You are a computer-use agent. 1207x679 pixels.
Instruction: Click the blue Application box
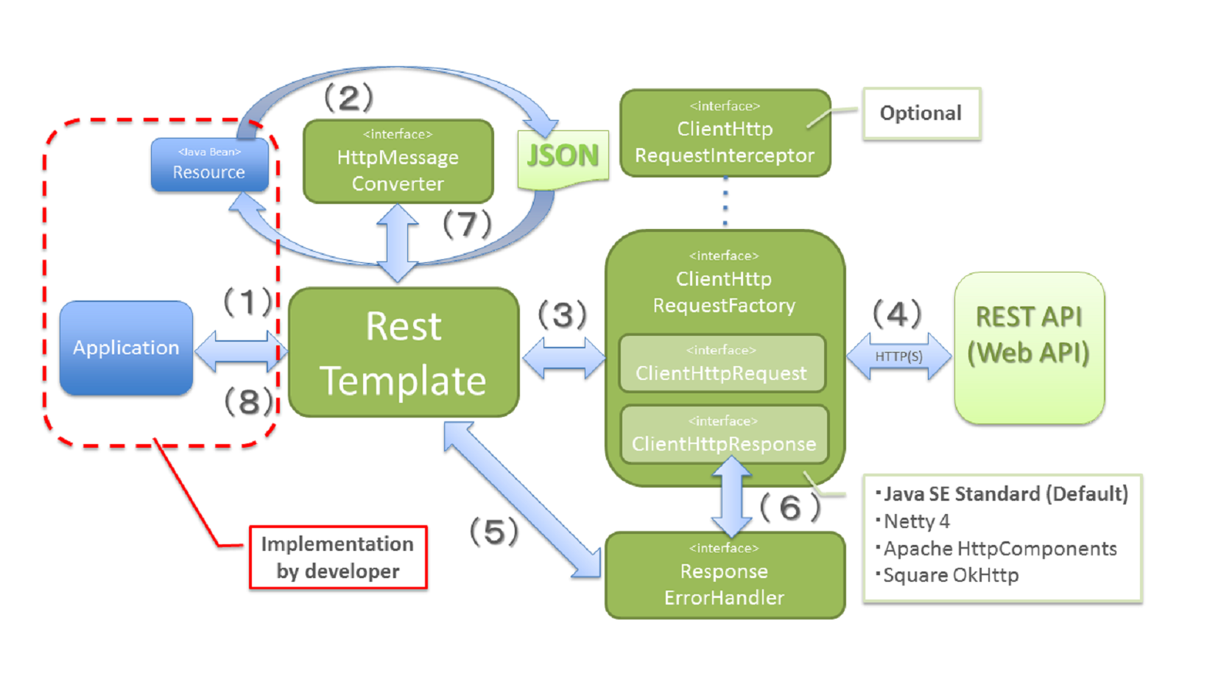126,348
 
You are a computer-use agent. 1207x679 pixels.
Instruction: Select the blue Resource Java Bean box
209,164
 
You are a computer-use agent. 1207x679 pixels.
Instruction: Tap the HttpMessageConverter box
398,161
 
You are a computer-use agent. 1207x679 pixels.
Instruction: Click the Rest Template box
404,353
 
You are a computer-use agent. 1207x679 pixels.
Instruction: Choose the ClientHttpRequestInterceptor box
725,133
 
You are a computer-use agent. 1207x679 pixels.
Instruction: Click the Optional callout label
921,113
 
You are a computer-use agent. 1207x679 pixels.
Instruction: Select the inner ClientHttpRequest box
722,363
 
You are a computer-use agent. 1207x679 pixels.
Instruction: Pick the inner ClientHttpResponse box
724,435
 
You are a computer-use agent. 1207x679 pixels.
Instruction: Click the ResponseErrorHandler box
725,575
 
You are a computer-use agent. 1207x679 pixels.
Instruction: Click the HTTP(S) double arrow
898,356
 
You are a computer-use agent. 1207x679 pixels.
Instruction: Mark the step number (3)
563,315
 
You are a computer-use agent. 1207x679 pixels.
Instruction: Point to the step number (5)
494,532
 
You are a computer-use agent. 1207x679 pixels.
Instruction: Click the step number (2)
349,98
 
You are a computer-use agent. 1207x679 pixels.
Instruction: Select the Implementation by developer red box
338,557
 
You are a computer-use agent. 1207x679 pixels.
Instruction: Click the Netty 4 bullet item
916,521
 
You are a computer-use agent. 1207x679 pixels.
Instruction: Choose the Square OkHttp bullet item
950,575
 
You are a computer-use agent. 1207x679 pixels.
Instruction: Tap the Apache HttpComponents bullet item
999,549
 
